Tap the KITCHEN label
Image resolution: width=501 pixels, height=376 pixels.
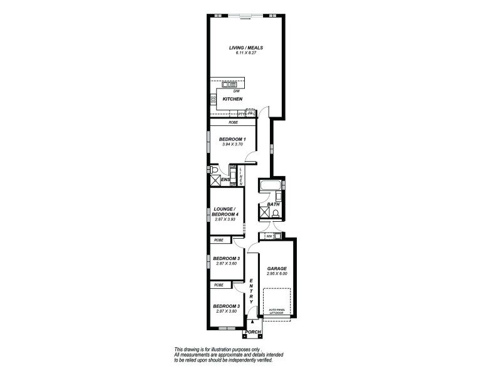(232, 99)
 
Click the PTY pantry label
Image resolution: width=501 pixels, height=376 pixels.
(241, 113)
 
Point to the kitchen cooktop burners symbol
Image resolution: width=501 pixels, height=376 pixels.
(213, 99)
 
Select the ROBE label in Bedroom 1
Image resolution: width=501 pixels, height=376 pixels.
(232, 123)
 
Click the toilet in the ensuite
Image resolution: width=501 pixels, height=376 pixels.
(214, 170)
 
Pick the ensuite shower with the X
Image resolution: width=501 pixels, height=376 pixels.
(215, 180)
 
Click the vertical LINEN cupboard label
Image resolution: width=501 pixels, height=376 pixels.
(240, 175)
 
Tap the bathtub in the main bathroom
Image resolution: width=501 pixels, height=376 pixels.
(271, 185)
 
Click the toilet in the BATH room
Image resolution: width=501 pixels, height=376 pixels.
(276, 212)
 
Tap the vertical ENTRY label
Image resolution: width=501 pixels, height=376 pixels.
(251, 291)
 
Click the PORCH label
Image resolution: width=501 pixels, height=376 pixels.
(253, 332)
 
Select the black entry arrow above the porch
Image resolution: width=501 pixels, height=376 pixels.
(252, 321)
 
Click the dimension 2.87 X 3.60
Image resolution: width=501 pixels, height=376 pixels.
(224, 264)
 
